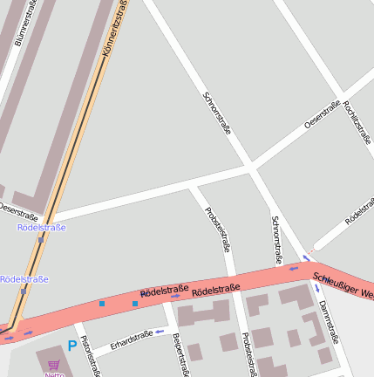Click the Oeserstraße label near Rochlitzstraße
(322, 116)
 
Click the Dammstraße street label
(328, 322)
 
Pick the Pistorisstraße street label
(90, 356)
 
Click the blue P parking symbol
(71, 346)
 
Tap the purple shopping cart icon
(54, 366)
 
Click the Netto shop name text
(54, 374)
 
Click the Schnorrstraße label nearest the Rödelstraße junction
(276, 240)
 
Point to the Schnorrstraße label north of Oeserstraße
(217, 113)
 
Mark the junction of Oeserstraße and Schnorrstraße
(252, 166)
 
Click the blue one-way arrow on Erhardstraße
(160, 332)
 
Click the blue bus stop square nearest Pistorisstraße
(102, 304)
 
